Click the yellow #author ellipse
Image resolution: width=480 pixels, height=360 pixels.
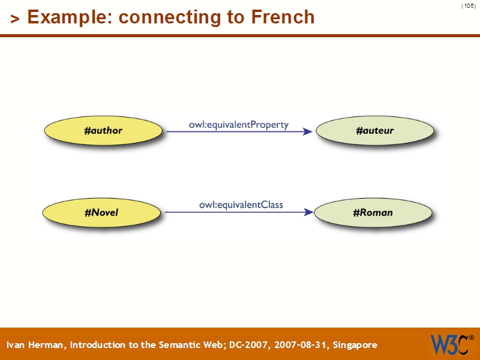tap(103, 130)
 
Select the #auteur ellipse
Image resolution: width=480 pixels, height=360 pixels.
tap(374, 130)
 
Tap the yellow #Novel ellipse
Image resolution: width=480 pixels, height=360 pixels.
tap(101, 212)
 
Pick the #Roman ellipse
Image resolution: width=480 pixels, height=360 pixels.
tap(373, 212)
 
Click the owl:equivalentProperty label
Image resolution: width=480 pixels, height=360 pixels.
tap(239, 125)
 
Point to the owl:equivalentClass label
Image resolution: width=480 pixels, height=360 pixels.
tap(241, 205)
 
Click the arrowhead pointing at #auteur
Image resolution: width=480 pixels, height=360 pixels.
tap(307, 131)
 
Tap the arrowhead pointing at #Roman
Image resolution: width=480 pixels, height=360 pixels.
tap(308, 212)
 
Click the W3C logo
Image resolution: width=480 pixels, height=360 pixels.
tap(449, 344)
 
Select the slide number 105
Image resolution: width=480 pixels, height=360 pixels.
tap(468, 6)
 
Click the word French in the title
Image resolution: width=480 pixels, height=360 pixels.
tap(283, 17)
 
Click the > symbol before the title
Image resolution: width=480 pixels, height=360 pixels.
tap(15, 19)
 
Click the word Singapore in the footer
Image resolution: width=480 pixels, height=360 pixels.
tap(354, 345)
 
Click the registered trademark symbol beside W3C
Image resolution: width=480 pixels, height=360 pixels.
tap(471, 337)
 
